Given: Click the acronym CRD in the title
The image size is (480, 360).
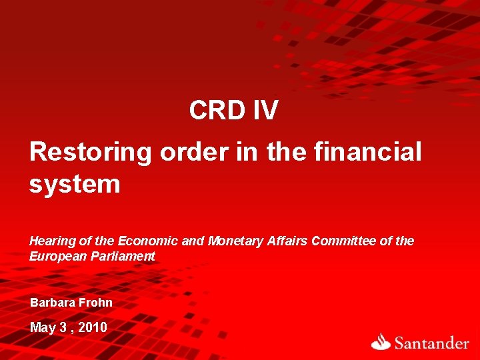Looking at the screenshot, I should pyautogui.click(x=217, y=111).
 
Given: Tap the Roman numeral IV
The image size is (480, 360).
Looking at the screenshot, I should pyautogui.click(x=265, y=111).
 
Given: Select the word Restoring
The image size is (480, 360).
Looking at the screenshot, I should pyautogui.click(x=91, y=152).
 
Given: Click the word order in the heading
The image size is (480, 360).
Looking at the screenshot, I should pyautogui.click(x=189, y=152).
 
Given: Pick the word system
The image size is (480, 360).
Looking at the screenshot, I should pyautogui.click(x=75, y=184).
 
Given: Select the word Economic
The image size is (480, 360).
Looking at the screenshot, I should pyautogui.click(x=147, y=241).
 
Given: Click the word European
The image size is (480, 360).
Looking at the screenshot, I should pyautogui.click(x=55, y=257).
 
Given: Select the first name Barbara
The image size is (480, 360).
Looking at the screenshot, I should pyautogui.click(x=52, y=303).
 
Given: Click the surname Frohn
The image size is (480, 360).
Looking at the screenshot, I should pyautogui.click(x=95, y=303).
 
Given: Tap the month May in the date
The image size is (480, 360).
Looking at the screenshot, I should pyautogui.click(x=43, y=328).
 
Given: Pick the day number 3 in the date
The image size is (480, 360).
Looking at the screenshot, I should pyautogui.click(x=65, y=327).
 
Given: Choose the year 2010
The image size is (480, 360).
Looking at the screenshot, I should pyautogui.click(x=93, y=327).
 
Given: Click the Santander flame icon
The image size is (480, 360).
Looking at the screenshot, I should pyautogui.click(x=381, y=341).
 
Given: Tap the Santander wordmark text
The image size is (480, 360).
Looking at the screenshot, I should pyautogui.click(x=431, y=343).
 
